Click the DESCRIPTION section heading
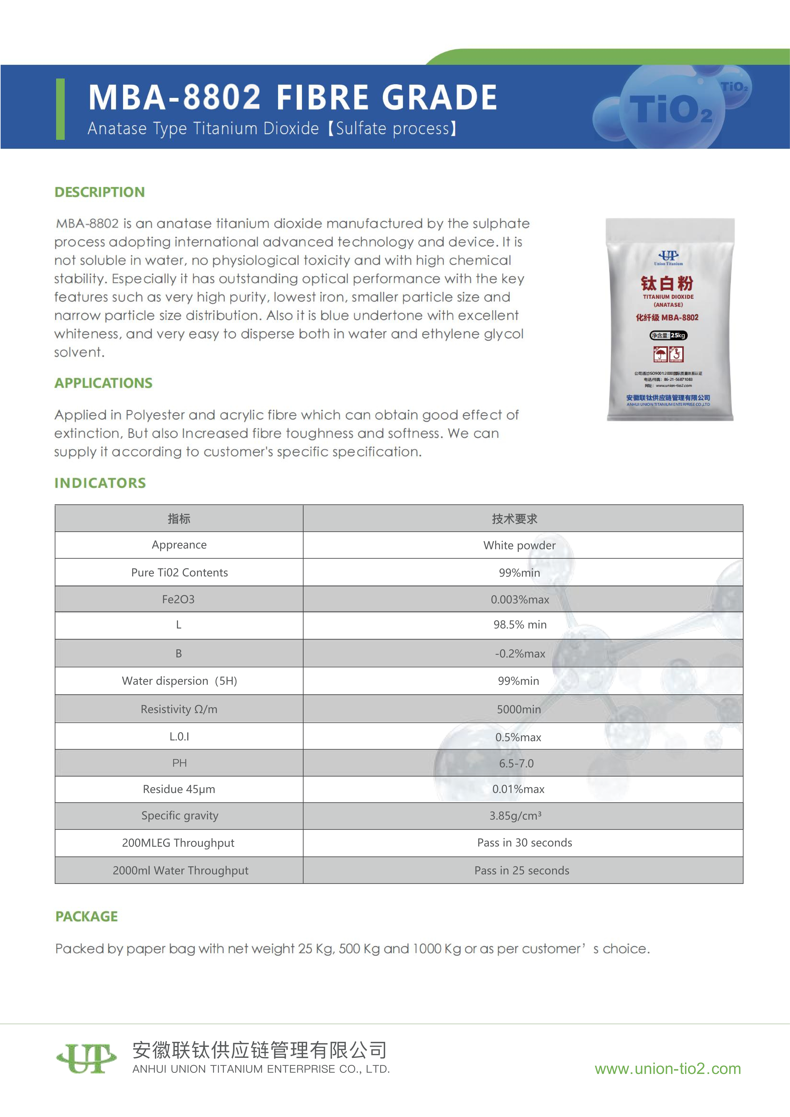(100, 192)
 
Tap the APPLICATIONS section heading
(103, 383)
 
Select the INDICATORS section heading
(100, 483)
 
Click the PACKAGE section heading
(87, 917)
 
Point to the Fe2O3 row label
(179, 599)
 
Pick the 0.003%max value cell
(520, 599)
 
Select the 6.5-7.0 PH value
(516, 763)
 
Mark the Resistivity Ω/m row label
(179, 709)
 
